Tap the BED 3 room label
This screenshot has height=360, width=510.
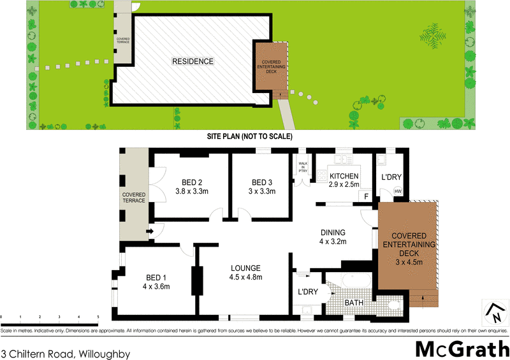click(x=261, y=180)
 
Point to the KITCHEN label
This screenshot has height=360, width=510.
click(x=344, y=176)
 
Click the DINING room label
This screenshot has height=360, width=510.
click(x=333, y=233)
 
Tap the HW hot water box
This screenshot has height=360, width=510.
click(x=398, y=191)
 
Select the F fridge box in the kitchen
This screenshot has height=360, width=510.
click(x=366, y=196)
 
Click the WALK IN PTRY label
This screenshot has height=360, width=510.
click(x=303, y=168)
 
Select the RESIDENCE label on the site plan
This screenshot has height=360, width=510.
click(x=192, y=62)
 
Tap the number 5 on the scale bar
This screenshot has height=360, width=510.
click(x=98, y=317)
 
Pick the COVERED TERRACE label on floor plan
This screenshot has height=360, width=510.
click(x=135, y=198)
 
